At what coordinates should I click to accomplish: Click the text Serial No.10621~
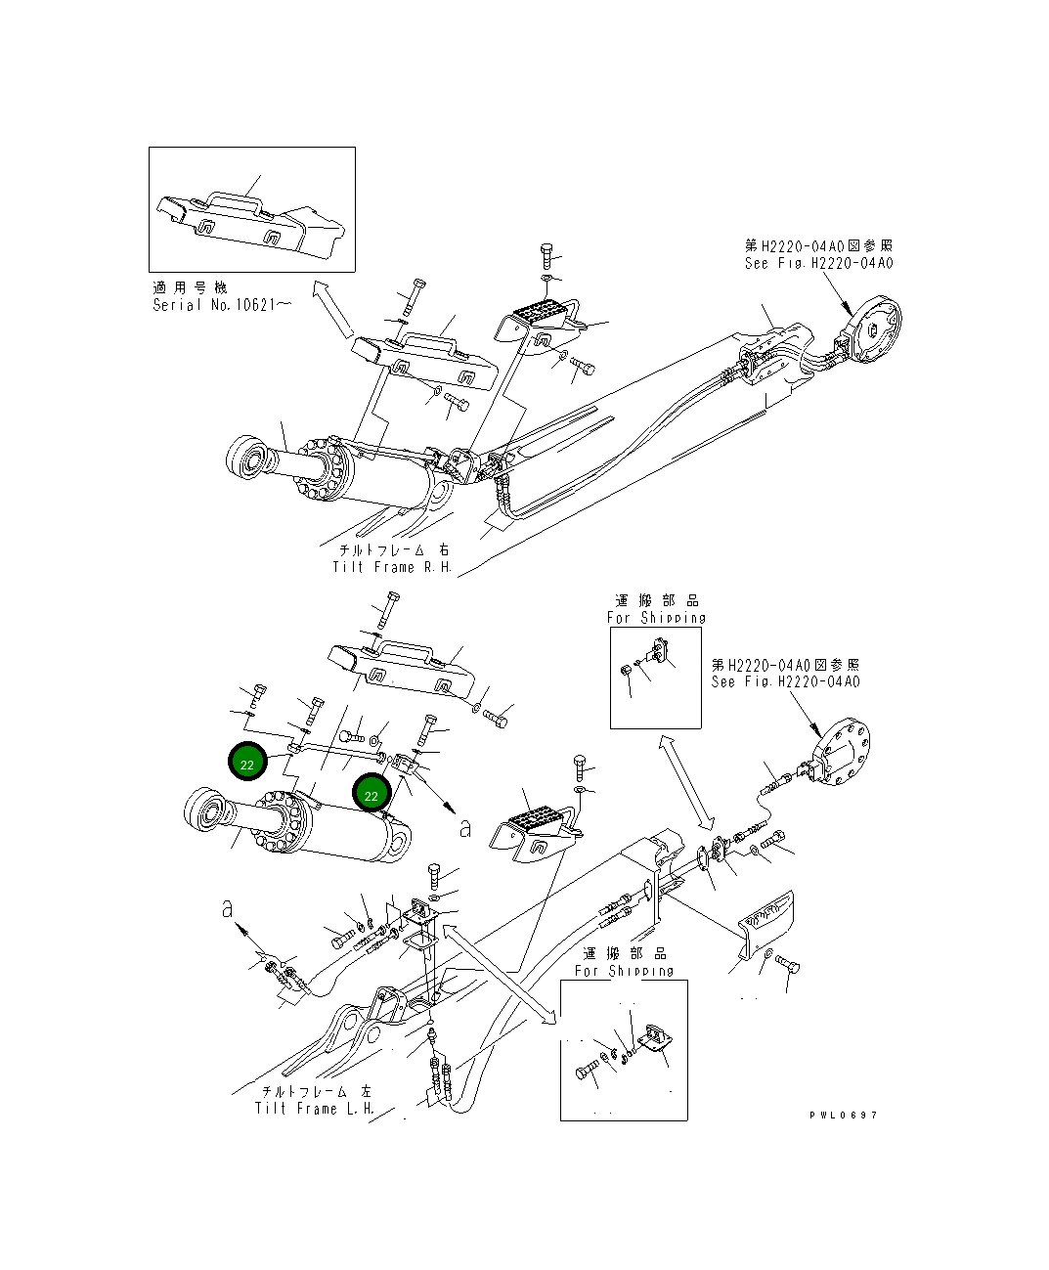tap(221, 305)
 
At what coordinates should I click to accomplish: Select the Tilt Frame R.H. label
tap(392, 567)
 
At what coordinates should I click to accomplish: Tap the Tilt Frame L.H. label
tap(315, 1109)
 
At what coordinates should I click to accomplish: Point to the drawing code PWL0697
tap(843, 1116)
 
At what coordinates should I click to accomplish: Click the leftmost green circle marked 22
tap(247, 764)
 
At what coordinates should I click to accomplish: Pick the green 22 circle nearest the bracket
tap(372, 795)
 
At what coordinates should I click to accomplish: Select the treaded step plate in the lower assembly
tap(531, 819)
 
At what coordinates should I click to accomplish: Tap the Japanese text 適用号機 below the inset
tap(190, 287)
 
